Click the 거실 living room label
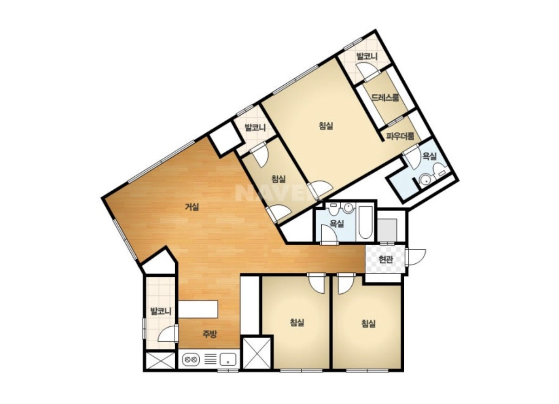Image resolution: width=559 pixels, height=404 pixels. [x=192, y=207]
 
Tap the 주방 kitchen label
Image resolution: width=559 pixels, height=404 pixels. [x=210, y=334]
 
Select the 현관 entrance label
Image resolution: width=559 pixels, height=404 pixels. [x=386, y=260]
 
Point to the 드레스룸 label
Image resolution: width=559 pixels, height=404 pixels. [x=385, y=98]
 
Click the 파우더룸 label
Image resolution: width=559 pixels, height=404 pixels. [x=400, y=136]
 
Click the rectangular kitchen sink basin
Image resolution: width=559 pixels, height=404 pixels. [x=228, y=360]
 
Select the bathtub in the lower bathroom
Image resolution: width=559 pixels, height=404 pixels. [x=365, y=222]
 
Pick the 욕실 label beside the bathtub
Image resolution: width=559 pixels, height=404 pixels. [x=337, y=224]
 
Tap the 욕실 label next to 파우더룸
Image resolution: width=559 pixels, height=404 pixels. [x=429, y=156]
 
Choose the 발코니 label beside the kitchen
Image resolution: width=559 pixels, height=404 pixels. [x=161, y=311]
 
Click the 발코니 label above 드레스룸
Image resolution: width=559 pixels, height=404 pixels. [x=367, y=56]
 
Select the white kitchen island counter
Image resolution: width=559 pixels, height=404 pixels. [x=198, y=309]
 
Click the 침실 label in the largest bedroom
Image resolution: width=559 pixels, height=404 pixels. [x=326, y=125]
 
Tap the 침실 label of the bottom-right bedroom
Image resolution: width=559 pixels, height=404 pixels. [x=368, y=324]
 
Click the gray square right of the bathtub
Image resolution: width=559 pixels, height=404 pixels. [x=387, y=230]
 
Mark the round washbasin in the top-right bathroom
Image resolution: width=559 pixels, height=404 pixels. [x=425, y=180]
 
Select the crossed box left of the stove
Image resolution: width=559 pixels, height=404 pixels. [x=161, y=360]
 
